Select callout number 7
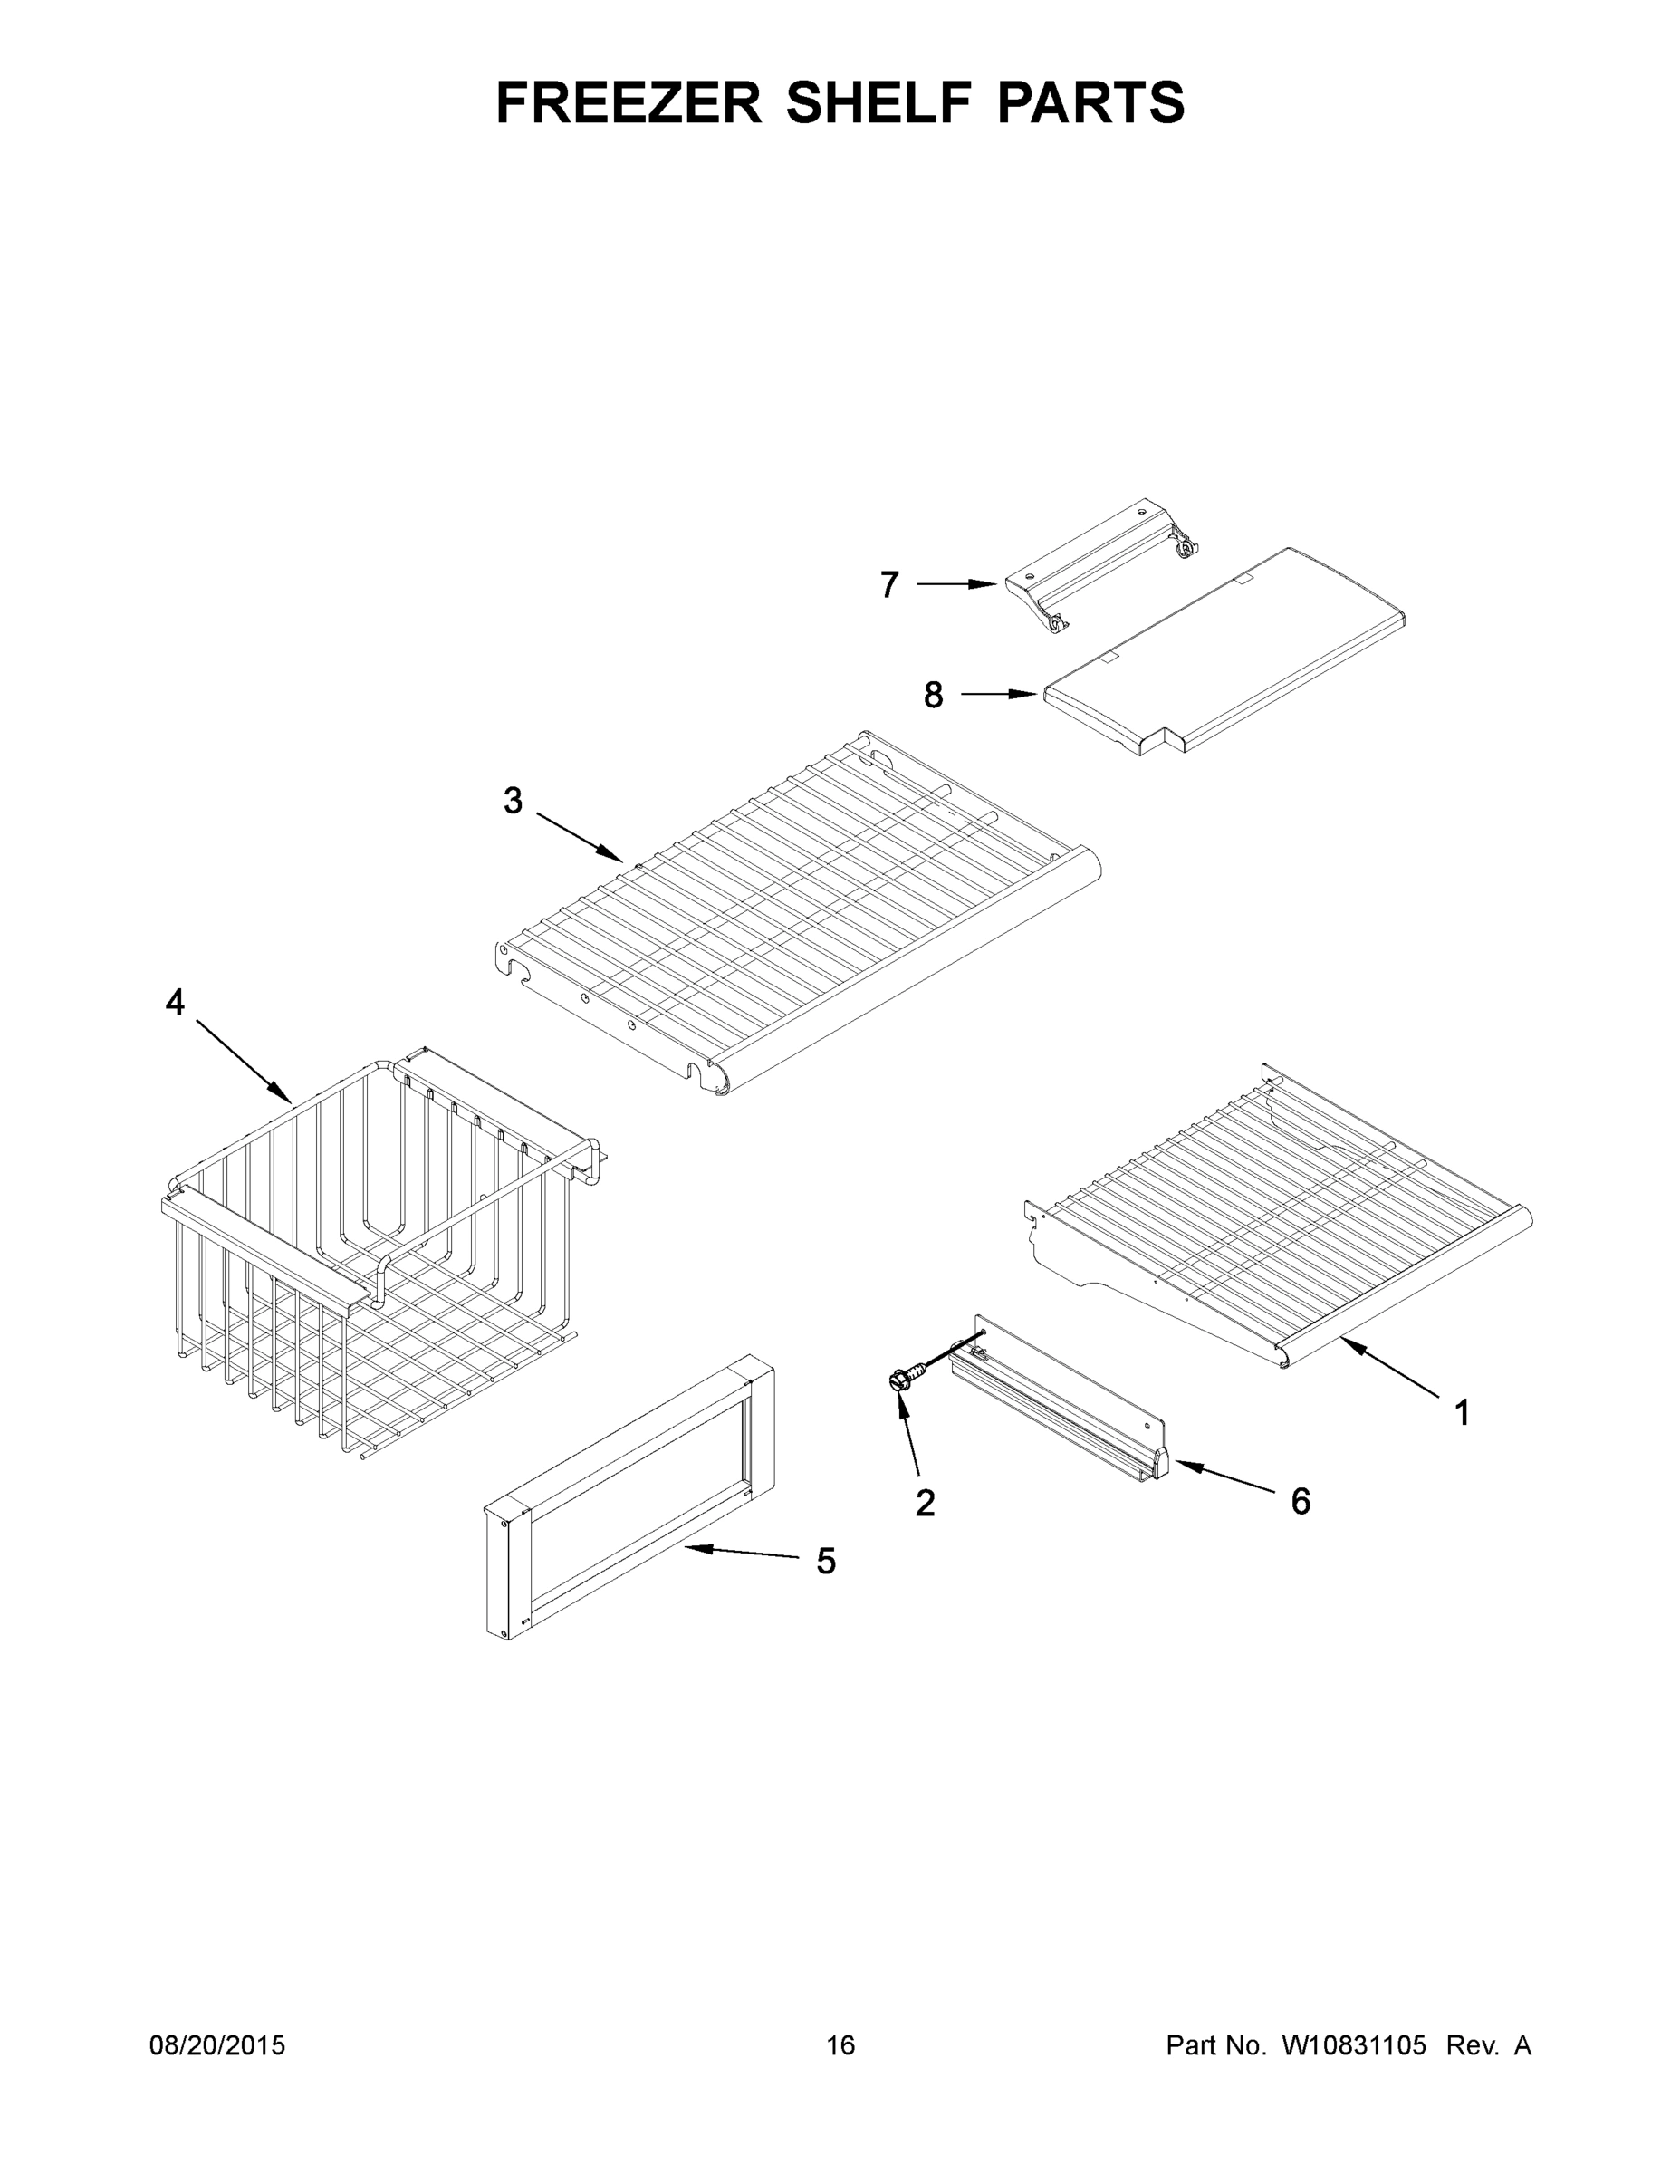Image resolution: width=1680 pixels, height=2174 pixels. tap(889, 584)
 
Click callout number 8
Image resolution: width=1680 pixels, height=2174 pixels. tap(933, 695)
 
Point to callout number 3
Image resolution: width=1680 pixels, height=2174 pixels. tap(513, 801)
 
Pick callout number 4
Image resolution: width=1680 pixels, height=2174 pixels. tap(175, 1003)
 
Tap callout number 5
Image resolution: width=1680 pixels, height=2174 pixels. tap(825, 1561)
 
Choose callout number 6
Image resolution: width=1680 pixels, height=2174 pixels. tap(1300, 1501)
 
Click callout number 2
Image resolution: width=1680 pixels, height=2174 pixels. tap(925, 1503)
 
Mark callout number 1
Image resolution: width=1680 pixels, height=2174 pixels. tap(1462, 1412)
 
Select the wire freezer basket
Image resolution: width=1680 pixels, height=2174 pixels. tap(379, 1255)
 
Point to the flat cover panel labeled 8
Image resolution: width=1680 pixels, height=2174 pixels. tap(1224, 652)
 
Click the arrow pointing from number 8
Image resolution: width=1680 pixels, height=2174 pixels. tap(999, 694)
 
